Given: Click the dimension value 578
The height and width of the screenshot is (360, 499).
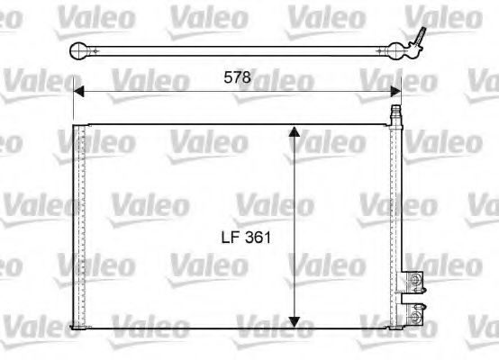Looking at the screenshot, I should point(237,78).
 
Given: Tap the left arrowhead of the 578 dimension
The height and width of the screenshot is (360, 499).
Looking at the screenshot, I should point(78,90).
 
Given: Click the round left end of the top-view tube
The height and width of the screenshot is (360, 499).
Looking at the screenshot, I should point(79,50).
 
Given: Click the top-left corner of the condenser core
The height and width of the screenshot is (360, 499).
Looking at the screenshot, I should point(73,123).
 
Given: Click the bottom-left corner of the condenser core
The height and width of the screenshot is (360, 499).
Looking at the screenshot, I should point(73,330).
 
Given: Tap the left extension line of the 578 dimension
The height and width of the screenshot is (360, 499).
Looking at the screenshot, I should point(72,103).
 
